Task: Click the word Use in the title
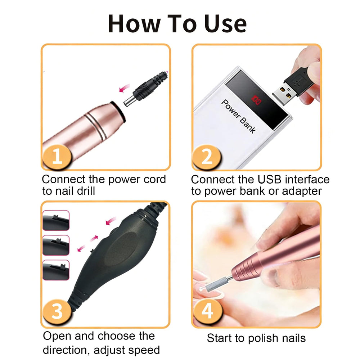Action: pyautogui.click(x=225, y=23)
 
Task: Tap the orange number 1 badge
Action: pyautogui.click(x=57, y=157)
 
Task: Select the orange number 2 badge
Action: pyautogui.click(x=207, y=157)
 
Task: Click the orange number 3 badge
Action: pyautogui.click(x=57, y=311)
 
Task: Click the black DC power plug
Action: pyautogui.click(x=145, y=89)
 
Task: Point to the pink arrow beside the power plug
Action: pyautogui.click(x=124, y=88)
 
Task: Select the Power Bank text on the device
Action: pyautogui.click(x=238, y=116)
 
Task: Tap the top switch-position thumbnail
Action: pyautogui.click(x=56, y=220)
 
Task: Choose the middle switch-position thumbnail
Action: pyautogui.click(x=56, y=245)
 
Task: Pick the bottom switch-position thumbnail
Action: pyautogui.click(x=56, y=270)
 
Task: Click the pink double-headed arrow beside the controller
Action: pyautogui.click(x=88, y=243)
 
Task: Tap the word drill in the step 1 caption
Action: pyautogui.click(x=86, y=191)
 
